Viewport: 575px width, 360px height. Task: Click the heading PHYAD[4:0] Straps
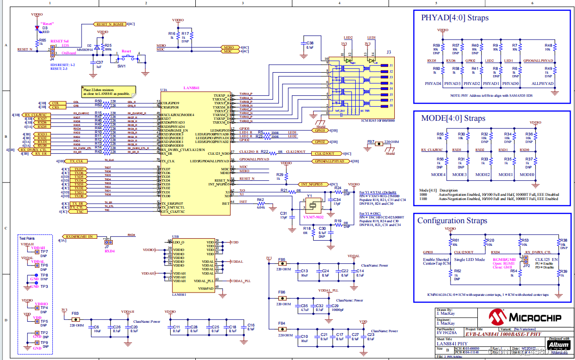pyautogui.click(x=454, y=18)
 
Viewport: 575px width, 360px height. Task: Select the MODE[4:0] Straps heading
pyautogui.click(x=453, y=118)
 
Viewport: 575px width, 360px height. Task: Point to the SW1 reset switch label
pyautogui.click(x=121, y=66)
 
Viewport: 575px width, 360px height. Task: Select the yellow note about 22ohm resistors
pyautogui.click(x=108, y=91)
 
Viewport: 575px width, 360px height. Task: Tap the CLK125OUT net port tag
pyautogui.click(x=324, y=153)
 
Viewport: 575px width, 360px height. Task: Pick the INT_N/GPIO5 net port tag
pyautogui.click(x=312, y=184)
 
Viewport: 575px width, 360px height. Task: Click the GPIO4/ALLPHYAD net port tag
pyautogui.click(x=327, y=161)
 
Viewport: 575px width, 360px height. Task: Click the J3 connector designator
pyautogui.click(x=389, y=52)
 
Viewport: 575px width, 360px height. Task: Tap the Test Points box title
pyautogui.click(x=27, y=238)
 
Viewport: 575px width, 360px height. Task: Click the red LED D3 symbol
pyautogui.click(x=37, y=28)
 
